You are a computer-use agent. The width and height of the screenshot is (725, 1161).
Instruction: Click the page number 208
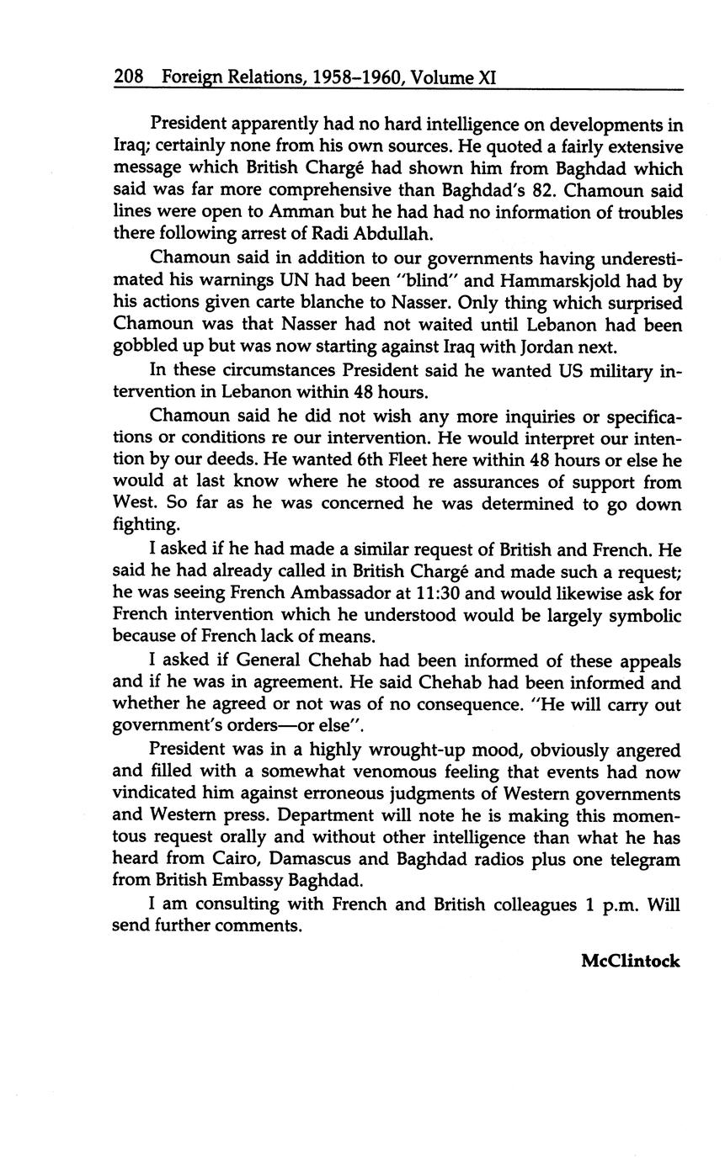pos(129,77)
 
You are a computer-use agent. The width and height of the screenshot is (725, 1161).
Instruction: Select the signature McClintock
pos(630,961)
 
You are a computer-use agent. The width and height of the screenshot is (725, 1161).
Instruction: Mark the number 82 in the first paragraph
pos(550,191)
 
